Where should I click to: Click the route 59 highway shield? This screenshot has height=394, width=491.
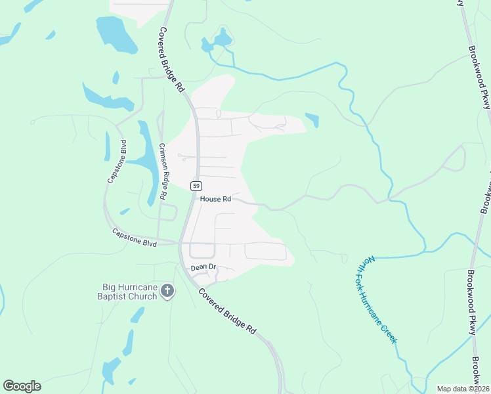[196, 185]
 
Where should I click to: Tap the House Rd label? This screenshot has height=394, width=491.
[216, 198]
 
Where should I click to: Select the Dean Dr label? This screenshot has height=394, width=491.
[203, 267]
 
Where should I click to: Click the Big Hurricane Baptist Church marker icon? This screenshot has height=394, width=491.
[167, 291]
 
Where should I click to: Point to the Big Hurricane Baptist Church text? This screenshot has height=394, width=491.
[129, 292]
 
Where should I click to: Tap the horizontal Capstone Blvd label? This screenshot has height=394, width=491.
[134, 238]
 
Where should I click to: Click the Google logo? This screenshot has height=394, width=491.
[22, 385]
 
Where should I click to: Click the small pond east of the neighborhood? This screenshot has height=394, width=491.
[312, 121]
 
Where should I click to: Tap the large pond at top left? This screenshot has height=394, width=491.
[115, 34]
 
